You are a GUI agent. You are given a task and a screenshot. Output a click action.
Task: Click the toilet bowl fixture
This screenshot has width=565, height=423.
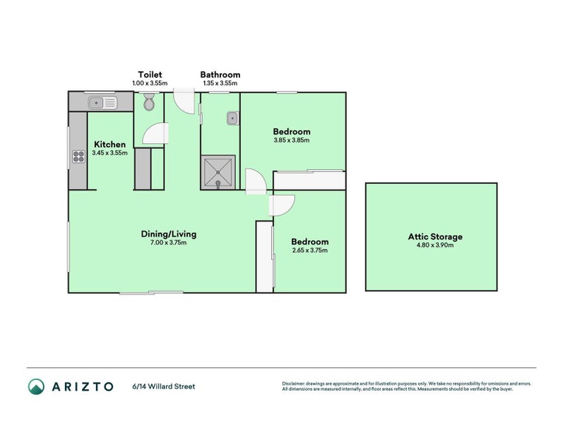coord(148,104)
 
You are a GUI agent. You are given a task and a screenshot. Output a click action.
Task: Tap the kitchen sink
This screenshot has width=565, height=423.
coord(103,104)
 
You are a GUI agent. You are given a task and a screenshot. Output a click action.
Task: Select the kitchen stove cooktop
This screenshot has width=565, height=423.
coord(78,157)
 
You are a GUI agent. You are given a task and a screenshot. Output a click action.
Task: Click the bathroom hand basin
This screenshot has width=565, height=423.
coord(231,118)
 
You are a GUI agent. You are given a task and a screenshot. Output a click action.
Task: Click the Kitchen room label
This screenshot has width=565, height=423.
coord(109,145)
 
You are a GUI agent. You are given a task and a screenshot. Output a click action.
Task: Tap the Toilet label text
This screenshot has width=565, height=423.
coord(150,75)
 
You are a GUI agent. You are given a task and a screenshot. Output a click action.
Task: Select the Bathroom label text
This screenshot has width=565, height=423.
coord(220,75)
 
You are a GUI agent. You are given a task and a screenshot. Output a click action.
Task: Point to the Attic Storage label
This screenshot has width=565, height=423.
coord(435,237)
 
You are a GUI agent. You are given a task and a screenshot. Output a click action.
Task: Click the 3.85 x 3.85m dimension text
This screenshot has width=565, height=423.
coord(292,140)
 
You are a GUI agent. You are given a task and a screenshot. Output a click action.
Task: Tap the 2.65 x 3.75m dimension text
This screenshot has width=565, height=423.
coord(310,250)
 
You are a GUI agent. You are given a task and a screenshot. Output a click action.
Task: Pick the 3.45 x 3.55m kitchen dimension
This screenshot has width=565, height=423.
coord(110,153)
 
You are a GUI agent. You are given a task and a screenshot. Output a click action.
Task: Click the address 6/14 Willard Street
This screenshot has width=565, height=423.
coord(163,386)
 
